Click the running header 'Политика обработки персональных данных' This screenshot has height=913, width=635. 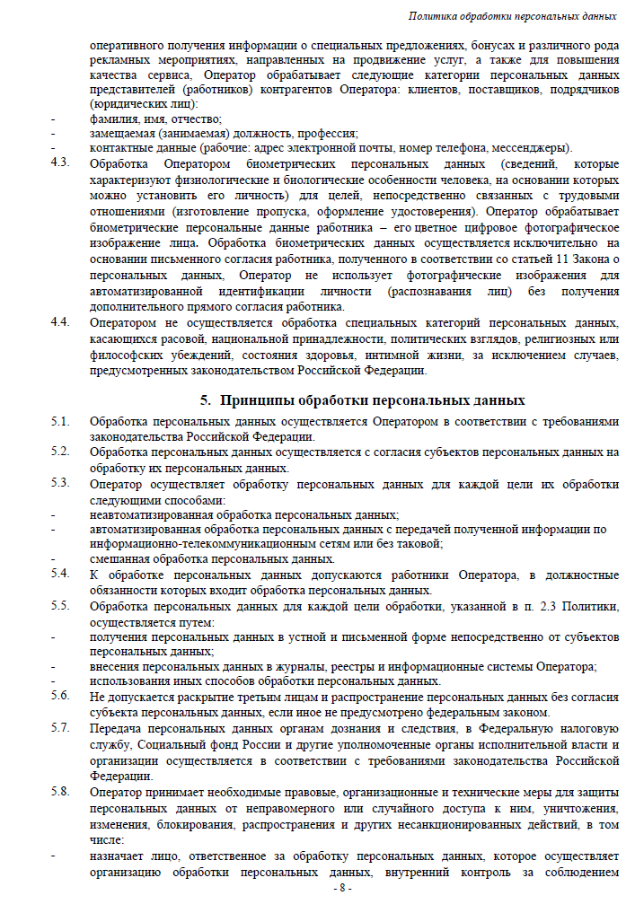tap(512, 16)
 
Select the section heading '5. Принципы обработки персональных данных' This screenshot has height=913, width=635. tap(362, 400)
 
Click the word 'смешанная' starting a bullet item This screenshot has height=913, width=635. tap(117, 558)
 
